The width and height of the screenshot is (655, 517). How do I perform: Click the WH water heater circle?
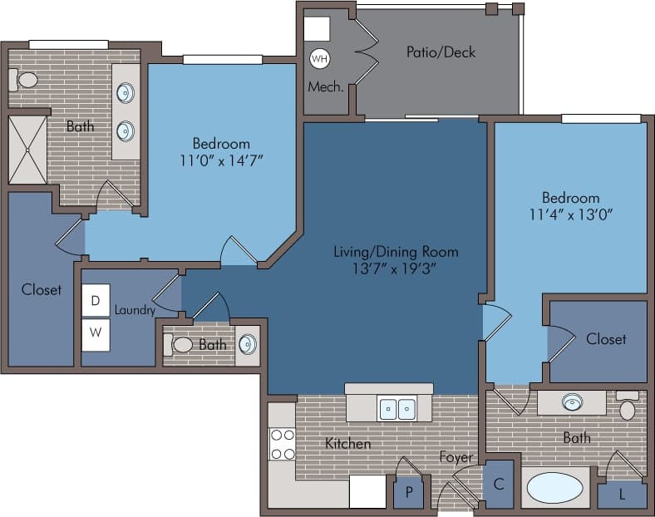point(319,59)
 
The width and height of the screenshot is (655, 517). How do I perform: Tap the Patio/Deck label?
point(441,52)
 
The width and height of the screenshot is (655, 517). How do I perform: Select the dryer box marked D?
point(96,300)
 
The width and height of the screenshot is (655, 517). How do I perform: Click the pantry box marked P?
point(408,492)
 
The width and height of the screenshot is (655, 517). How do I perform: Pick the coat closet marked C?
point(499,485)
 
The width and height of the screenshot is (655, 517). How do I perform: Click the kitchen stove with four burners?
point(283,444)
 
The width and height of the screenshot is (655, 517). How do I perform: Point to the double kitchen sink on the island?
point(396,409)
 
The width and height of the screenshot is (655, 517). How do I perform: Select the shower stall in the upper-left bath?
point(27,150)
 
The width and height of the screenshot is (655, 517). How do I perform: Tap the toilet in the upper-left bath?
point(25,80)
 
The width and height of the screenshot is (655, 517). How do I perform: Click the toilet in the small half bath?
point(179,344)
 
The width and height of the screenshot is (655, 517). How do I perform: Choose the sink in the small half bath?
point(247,344)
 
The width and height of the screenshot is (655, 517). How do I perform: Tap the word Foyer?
point(456,457)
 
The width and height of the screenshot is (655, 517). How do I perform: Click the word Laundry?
point(135,310)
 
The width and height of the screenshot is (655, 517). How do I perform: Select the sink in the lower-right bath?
point(571,403)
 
